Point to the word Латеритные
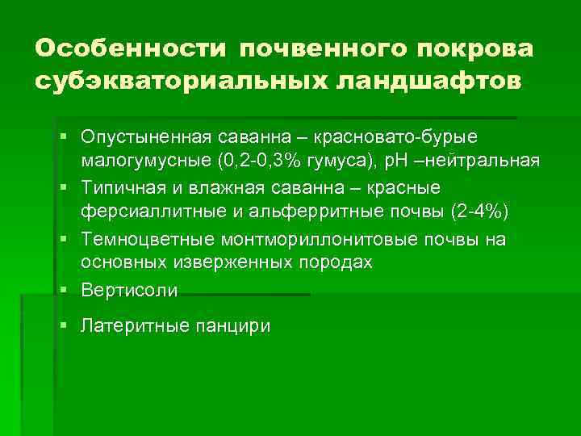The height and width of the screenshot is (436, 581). click(x=132, y=326)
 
